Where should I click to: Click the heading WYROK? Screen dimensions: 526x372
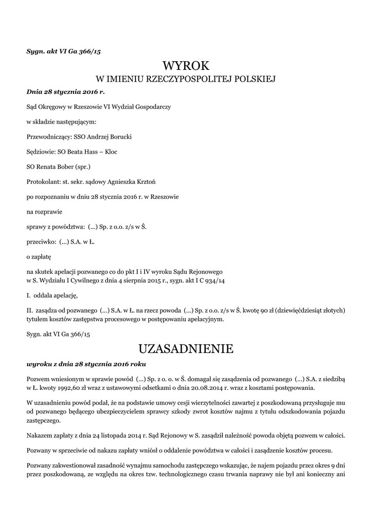point(186,65)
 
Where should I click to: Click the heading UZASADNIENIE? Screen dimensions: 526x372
point(186,349)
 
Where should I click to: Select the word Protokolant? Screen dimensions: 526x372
point(43,182)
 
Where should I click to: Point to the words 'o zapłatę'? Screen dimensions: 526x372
point(39,255)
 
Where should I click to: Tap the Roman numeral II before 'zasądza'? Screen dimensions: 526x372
point(29,310)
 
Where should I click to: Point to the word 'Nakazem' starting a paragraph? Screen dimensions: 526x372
point(40,436)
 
